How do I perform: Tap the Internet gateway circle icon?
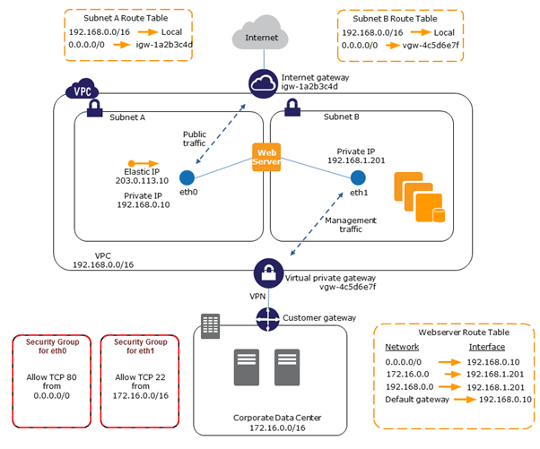click(264, 82)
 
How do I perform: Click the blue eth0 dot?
click(187, 177)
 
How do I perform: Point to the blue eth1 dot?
click(358, 177)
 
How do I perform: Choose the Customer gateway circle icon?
click(268, 318)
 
